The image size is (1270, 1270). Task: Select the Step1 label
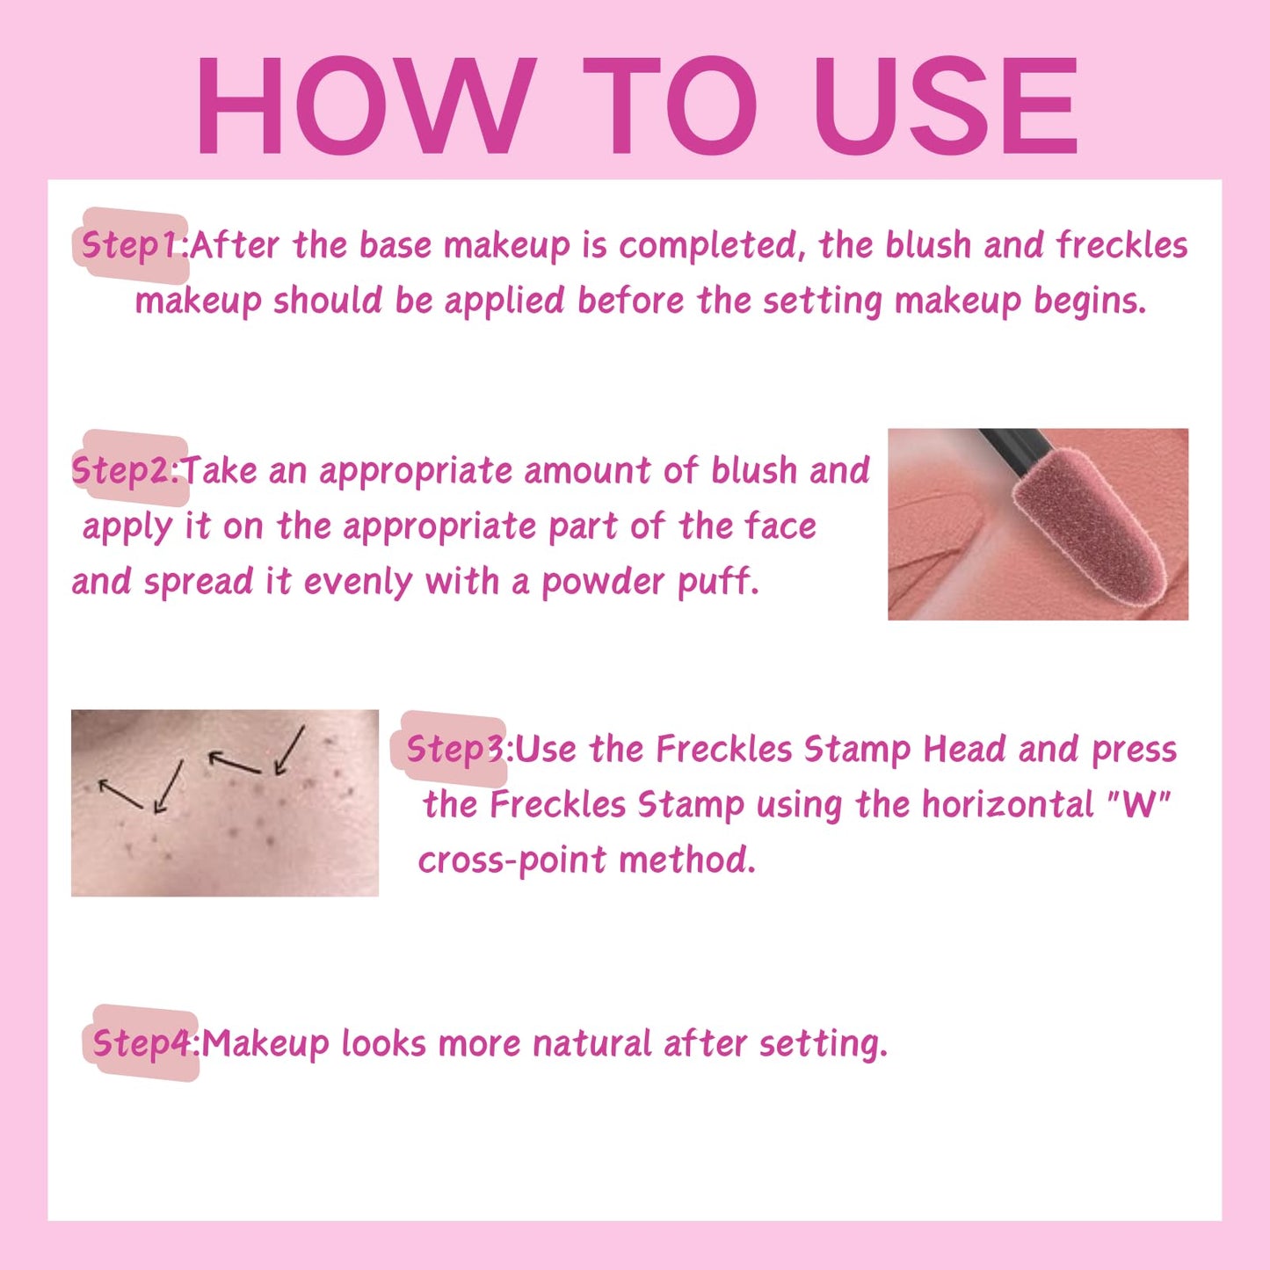pyautogui.click(x=131, y=245)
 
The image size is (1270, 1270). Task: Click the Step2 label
pyautogui.click(x=125, y=470)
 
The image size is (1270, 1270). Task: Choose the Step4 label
pyautogui.click(x=143, y=1043)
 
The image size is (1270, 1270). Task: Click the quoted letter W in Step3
pyautogui.click(x=1139, y=804)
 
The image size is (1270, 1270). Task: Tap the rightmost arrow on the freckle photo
pyautogui.click(x=289, y=750)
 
